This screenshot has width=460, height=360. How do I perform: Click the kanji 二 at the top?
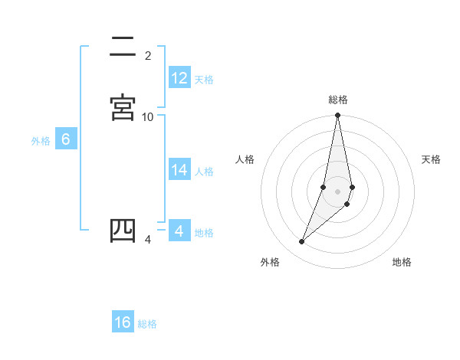click(123, 47)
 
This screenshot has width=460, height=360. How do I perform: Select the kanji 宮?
click(123, 107)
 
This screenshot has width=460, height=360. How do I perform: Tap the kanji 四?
click(123, 231)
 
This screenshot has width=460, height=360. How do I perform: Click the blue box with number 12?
click(179, 78)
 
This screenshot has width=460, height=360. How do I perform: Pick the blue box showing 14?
click(179, 170)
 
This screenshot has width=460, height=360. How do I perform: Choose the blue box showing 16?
click(123, 322)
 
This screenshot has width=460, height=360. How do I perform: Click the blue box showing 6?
click(66, 139)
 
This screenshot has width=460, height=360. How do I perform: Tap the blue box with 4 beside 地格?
click(179, 231)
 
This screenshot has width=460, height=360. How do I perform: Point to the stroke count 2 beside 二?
click(148, 56)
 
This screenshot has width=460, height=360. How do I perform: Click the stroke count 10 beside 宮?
click(148, 116)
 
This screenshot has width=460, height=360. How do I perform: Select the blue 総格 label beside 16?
click(147, 324)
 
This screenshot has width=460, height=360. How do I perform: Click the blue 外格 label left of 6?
click(40, 140)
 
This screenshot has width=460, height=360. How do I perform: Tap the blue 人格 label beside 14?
click(204, 172)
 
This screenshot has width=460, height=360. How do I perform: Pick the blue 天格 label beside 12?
click(204, 80)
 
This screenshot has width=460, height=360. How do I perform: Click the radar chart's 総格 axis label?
click(338, 100)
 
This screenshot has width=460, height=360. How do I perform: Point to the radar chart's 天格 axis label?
click(432, 159)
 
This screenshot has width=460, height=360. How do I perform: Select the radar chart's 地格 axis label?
click(402, 263)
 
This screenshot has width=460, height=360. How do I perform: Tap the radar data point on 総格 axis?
click(338, 116)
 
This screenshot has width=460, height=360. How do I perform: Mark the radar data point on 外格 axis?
click(302, 242)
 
